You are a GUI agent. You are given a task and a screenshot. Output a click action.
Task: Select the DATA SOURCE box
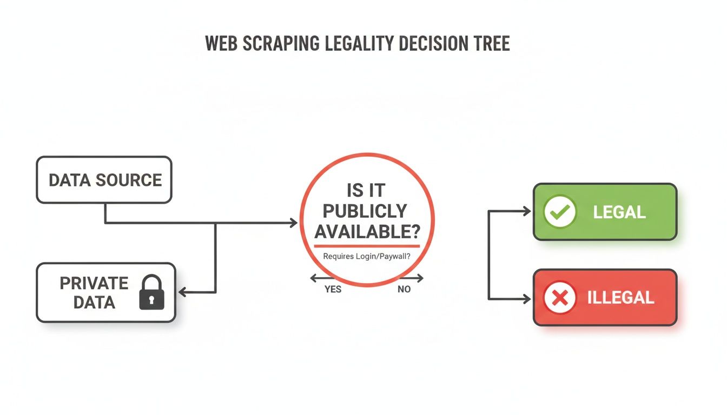(x=104, y=179)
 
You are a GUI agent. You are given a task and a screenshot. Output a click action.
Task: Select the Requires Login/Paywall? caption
(x=366, y=256)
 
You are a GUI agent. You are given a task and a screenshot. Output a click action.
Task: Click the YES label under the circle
(x=333, y=289)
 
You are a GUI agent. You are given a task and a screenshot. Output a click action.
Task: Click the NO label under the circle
(x=404, y=289)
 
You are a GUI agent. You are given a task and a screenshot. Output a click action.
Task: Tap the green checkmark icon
(x=559, y=212)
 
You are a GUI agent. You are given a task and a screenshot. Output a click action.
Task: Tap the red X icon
(x=559, y=298)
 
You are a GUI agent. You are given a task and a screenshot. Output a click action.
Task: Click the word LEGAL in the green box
(x=619, y=212)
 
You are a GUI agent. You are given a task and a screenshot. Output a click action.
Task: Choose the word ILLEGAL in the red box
(x=620, y=298)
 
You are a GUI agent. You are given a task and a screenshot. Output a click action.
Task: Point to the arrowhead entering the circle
(x=294, y=223)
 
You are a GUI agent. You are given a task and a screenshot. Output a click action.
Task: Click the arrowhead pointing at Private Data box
(x=182, y=292)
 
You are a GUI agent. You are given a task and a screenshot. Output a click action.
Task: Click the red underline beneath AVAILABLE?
(x=367, y=246)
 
